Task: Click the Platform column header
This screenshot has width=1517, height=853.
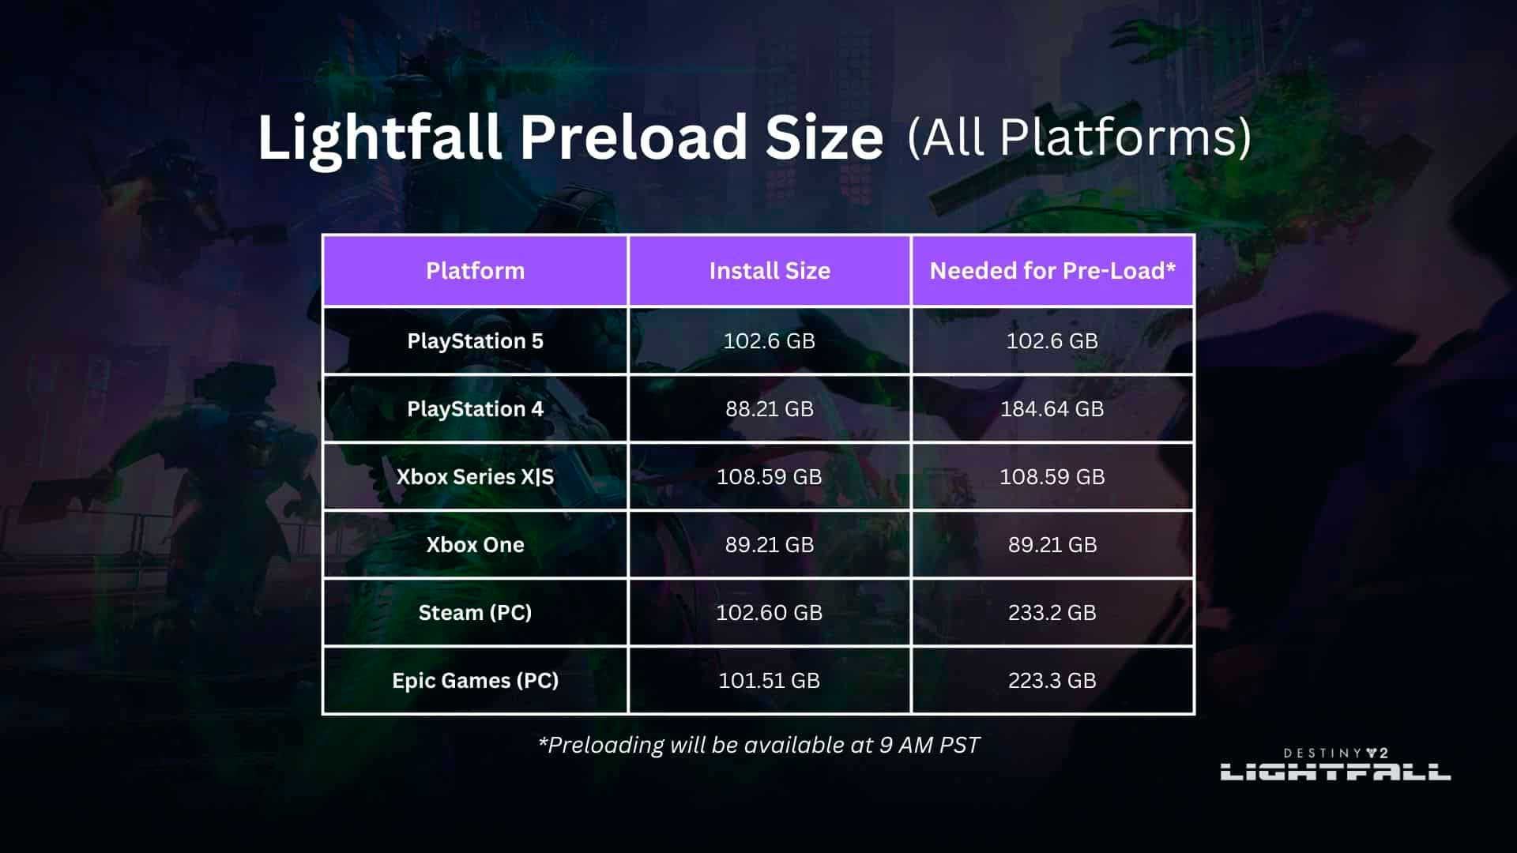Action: coord(475,271)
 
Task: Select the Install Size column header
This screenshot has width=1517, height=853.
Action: coord(770,271)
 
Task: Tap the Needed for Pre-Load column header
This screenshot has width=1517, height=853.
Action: coord(1052,271)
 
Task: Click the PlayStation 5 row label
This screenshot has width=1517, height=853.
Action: coord(475,341)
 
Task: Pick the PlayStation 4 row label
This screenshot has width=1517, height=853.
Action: coord(475,409)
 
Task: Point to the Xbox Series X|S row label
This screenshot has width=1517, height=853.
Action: coord(475,477)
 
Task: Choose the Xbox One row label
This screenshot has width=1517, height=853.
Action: coord(475,545)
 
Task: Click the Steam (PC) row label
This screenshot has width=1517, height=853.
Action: coord(475,613)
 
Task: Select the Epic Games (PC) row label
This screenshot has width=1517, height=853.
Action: coord(475,681)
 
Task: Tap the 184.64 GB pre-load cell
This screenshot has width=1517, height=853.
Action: coord(1052,409)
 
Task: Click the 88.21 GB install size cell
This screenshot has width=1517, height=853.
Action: coord(770,409)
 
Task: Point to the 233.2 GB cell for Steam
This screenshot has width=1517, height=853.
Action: coord(1052,613)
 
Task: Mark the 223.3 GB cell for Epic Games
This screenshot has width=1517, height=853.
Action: coord(1052,681)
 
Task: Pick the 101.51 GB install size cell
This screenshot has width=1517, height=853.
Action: coord(770,681)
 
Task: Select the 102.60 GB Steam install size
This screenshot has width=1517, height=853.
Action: coord(770,613)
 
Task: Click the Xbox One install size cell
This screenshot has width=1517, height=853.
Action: coord(770,545)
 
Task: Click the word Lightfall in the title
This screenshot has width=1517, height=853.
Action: coord(380,137)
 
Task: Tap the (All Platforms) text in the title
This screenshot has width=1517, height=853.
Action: coord(1079,137)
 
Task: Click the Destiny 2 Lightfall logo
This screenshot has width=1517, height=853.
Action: coord(1335,764)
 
